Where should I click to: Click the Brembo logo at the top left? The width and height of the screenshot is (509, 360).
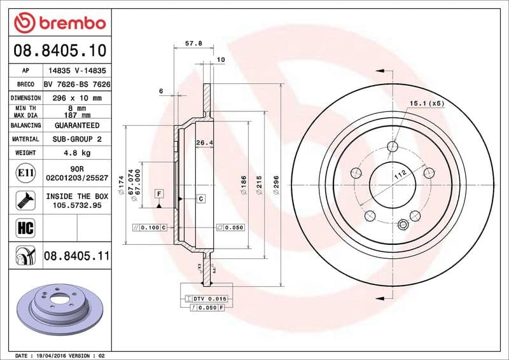coord(59,23)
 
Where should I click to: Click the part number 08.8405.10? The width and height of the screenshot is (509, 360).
coord(59,50)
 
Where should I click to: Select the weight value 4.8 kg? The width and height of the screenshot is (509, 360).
coord(76,153)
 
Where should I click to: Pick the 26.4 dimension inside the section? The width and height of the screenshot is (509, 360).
coord(204,142)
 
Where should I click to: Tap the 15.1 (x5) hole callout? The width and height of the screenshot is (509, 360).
coord(426,103)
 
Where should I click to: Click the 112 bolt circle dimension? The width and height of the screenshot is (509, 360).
coord(400,176)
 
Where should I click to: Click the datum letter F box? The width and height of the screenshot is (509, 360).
coord(158,193)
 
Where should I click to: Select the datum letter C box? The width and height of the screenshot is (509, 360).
coord(200,199)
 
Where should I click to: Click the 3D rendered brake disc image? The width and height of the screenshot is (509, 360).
coord(59,307)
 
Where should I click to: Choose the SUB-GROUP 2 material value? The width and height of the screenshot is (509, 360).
coord(76,139)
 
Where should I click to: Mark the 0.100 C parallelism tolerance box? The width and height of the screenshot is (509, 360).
coord(149,227)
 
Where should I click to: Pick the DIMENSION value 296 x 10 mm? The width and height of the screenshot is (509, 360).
coord(76,99)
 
